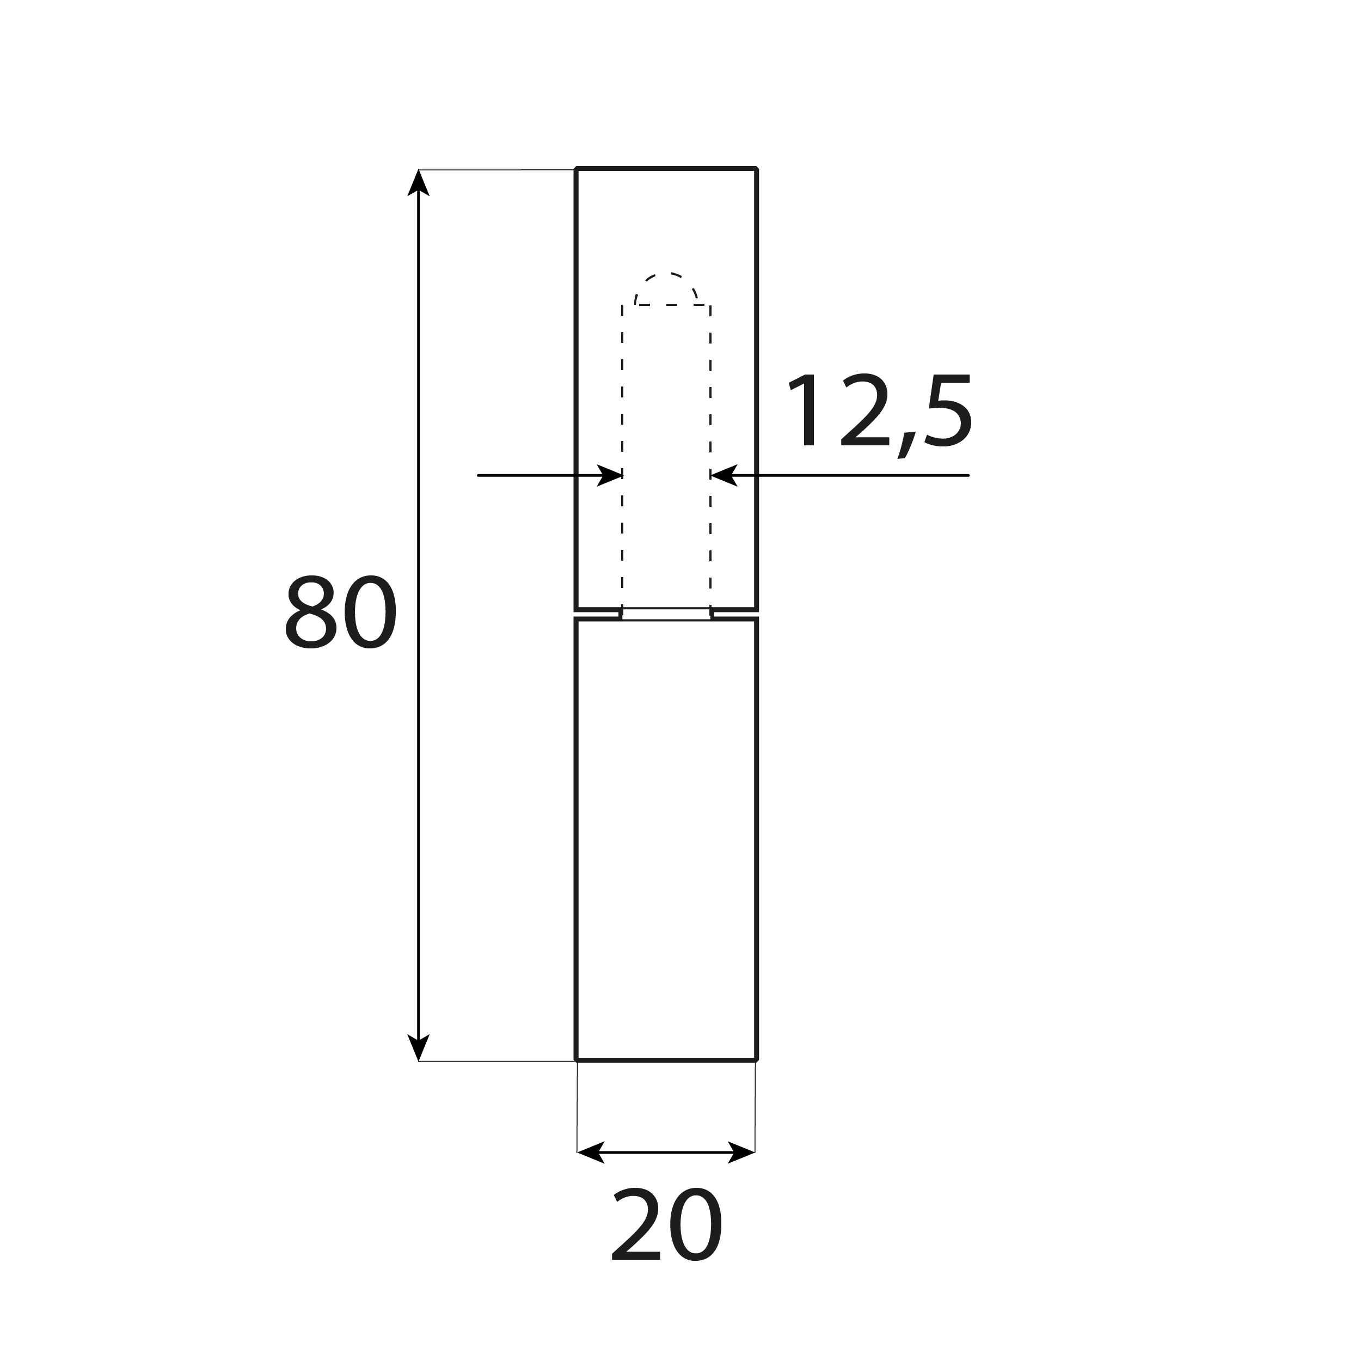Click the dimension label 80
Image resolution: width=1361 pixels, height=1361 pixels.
pyautogui.click(x=341, y=612)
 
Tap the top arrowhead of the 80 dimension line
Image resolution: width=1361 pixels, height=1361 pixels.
pyautogui.click(x=419, y=183)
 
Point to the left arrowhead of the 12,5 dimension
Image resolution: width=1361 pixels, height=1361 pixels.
pyautogui.click(x=609, y=475)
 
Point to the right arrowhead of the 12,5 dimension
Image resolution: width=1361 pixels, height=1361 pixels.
pyautogui.click(x=724, y=475)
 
